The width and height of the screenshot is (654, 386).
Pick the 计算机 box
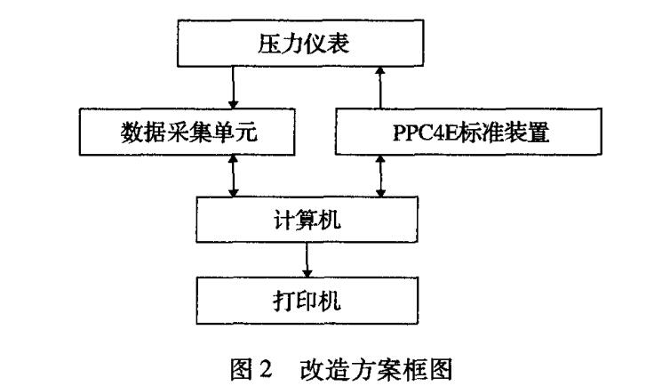[x=307, y=222]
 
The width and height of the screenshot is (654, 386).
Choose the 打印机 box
[x=307, y=294]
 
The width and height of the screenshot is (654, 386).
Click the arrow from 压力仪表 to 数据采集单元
[x=234, y=89]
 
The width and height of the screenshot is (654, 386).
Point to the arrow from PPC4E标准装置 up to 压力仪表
[x=380, y=89]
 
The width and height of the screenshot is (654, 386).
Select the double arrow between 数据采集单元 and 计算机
[x=234, y=178]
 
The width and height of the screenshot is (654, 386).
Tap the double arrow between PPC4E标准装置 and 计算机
[x=380, y=178]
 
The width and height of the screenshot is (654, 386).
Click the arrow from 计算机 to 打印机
[x=307, y=259]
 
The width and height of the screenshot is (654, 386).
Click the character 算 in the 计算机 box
[x=307, y=222]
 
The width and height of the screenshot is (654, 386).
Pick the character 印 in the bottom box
[x=307, y=294]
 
